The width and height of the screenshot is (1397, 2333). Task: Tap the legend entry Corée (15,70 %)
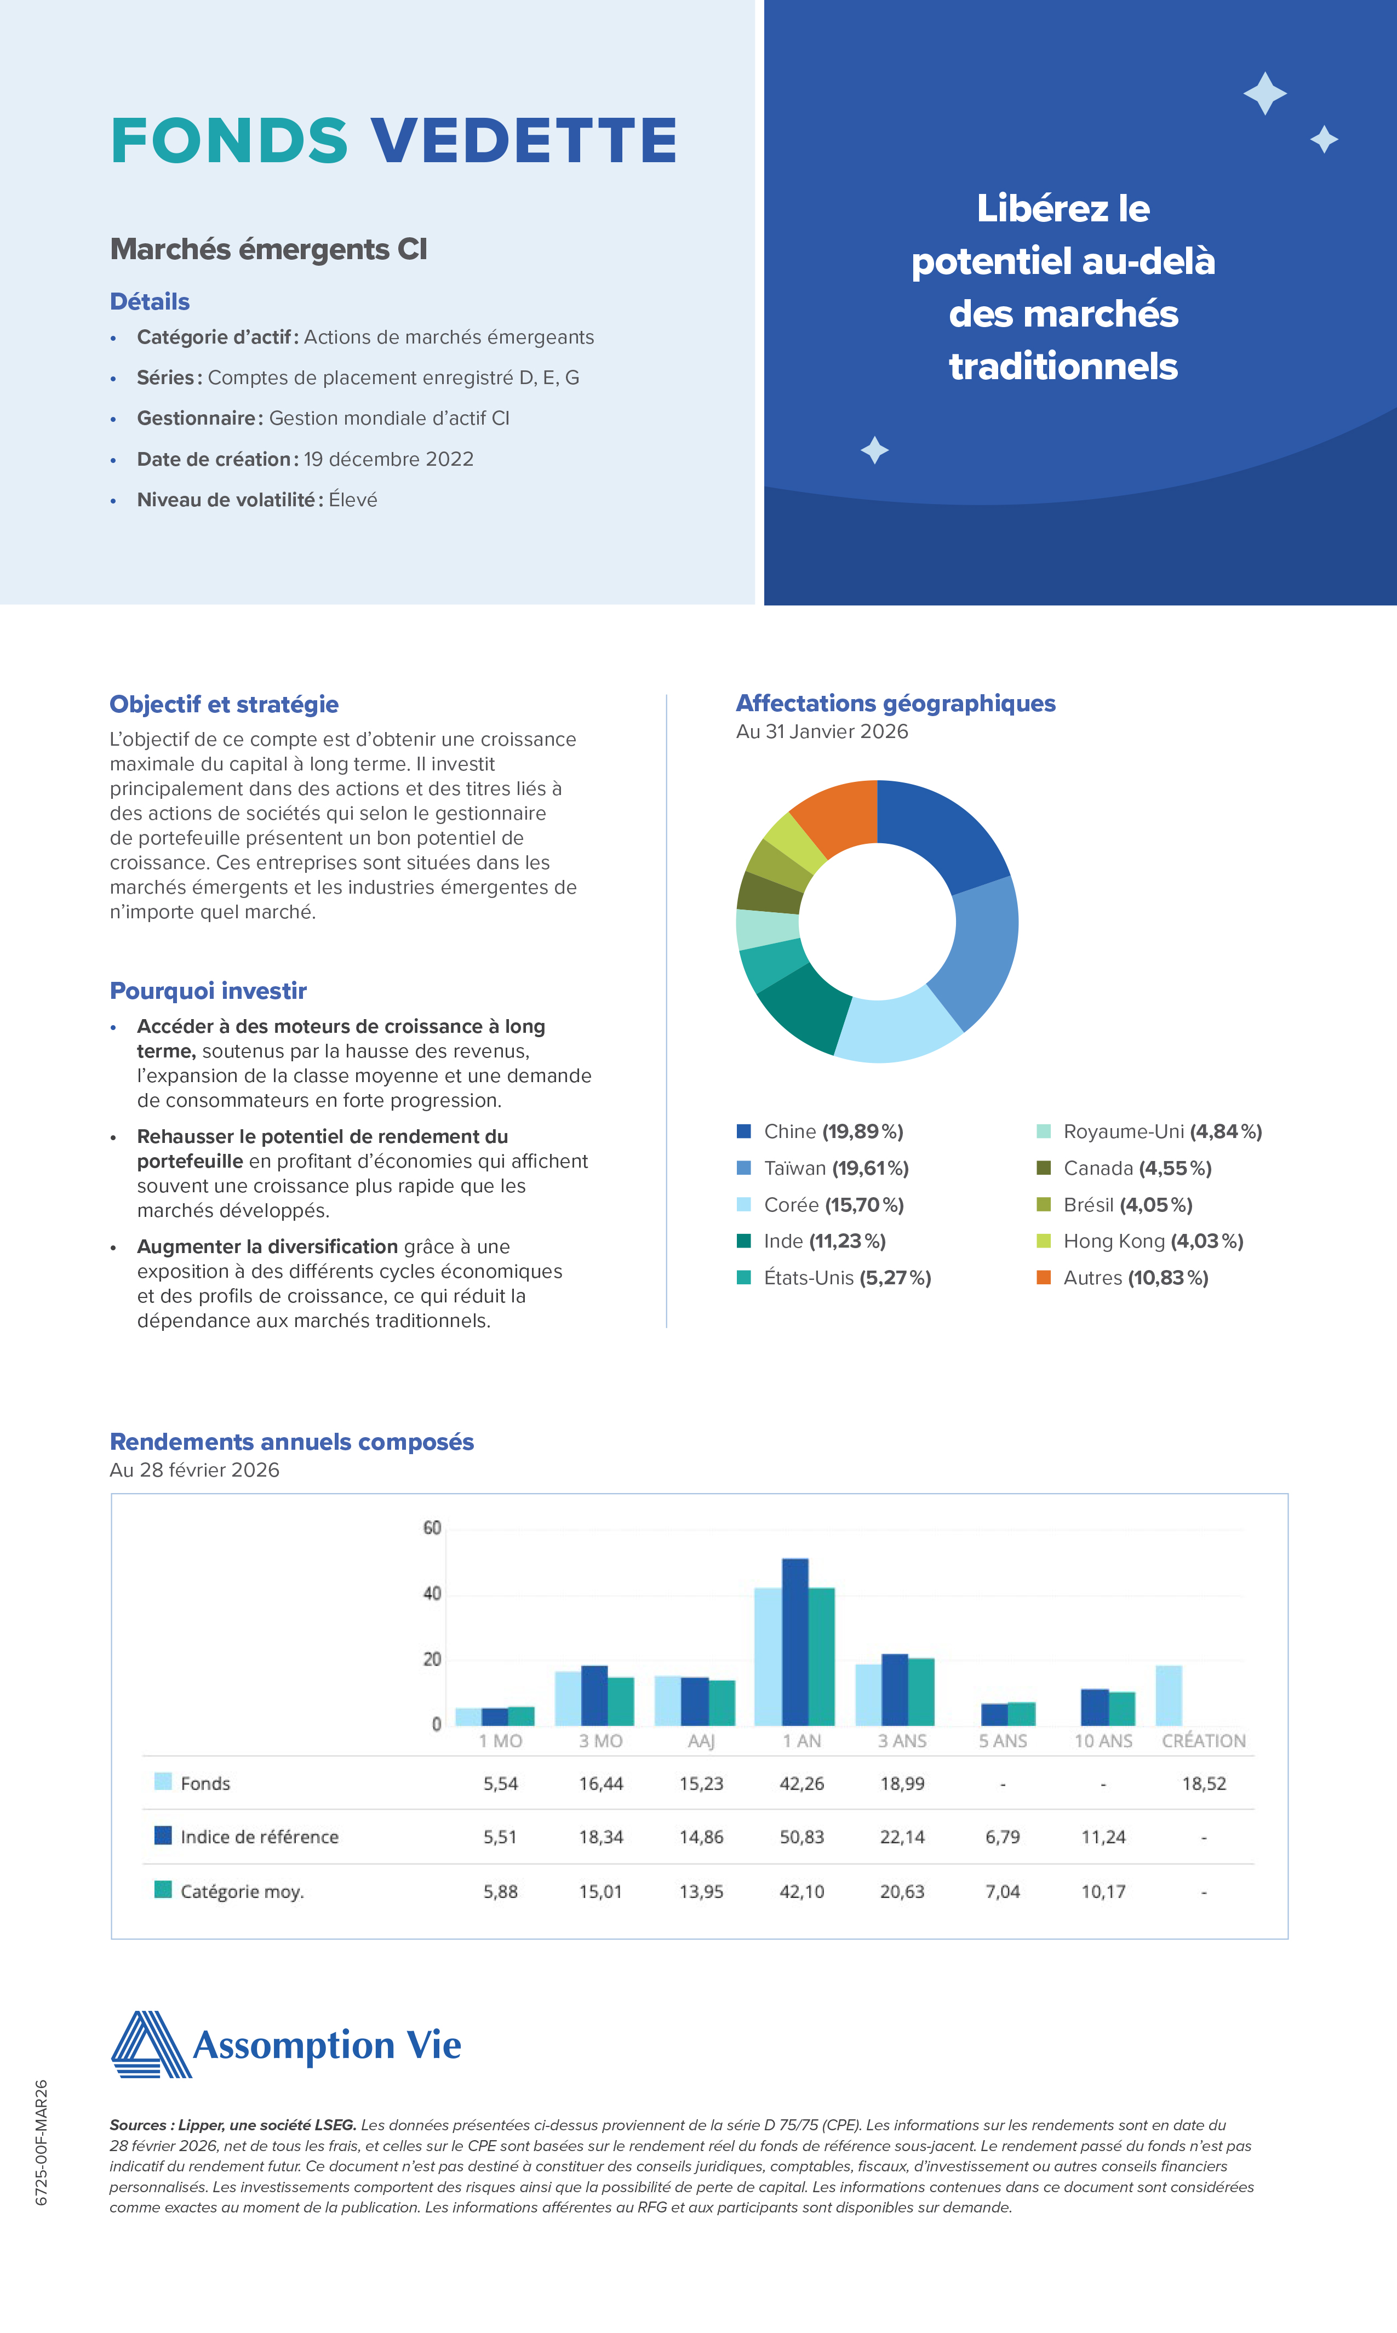(x=833, y=1205)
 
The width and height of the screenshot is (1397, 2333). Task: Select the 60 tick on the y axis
(x=432, y=1527)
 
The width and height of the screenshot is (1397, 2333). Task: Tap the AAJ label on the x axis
(x=701, y=1741)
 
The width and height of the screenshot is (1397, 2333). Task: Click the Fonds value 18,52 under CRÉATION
(x=1204, y=1783)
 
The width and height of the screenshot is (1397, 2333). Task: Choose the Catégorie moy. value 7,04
(x=1003, y=1891)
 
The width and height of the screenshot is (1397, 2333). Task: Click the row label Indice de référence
(x=259, y=1837)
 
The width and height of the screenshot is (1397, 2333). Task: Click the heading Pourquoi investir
(x=208, y=991)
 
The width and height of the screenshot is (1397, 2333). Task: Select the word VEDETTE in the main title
(x=523, y=141)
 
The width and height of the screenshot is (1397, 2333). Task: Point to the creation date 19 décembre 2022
(x=388, y=460)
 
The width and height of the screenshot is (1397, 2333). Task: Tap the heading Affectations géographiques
(x=895, y=704)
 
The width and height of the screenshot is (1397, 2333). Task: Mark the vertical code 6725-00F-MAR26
(x=42, y=2142)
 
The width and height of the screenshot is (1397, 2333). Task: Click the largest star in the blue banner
(x=1264, y=93)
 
